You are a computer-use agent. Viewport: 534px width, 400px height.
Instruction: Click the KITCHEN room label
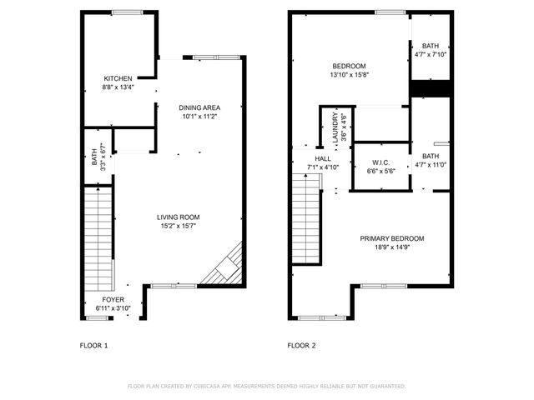pyautogui.click(x=117, y=78)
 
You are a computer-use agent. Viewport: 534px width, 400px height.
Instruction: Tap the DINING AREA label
pyautogui.click(x=200, y=107)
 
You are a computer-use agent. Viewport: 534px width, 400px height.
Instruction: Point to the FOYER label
pyautogui.click(x=113, y=300)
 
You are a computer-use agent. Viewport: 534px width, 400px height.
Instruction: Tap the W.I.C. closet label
pyautogui.click(x=379, y=162)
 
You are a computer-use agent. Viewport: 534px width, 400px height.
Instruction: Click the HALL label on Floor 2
pyautogui.click(x=323, y=158)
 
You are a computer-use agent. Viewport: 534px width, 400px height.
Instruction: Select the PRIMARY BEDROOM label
pyautogui.click(x=391, y=239)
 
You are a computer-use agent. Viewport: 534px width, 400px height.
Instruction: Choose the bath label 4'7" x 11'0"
pyautogui.click(x=431, y=160)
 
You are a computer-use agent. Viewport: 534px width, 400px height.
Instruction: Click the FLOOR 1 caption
pyautogui.click(x=93, y=345)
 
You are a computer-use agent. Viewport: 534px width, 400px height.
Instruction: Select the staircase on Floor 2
pyautogui.click(x=306, y=222)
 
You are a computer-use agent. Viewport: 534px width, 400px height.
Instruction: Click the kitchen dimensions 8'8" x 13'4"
pyautogui.click(x=117, y=87)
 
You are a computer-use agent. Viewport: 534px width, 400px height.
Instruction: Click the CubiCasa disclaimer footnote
pyautogui.click(x=266, y=387)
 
